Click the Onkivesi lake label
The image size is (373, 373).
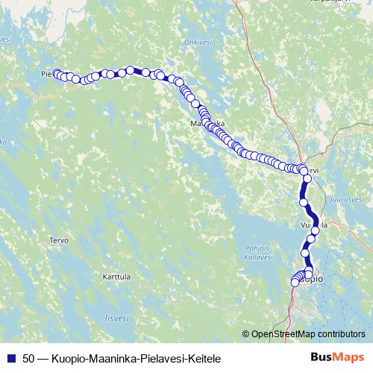tap(198, 43)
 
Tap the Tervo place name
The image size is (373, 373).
tap(58, 240)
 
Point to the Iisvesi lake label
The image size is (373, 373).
tap(116, 317)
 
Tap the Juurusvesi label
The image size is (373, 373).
tap(347, 200)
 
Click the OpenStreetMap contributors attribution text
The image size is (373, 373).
tap(308, 334)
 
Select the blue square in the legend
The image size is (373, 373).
tap(11, 358)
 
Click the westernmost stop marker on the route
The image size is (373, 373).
tap(57, 73)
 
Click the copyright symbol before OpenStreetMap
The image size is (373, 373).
tap(246, 334)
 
